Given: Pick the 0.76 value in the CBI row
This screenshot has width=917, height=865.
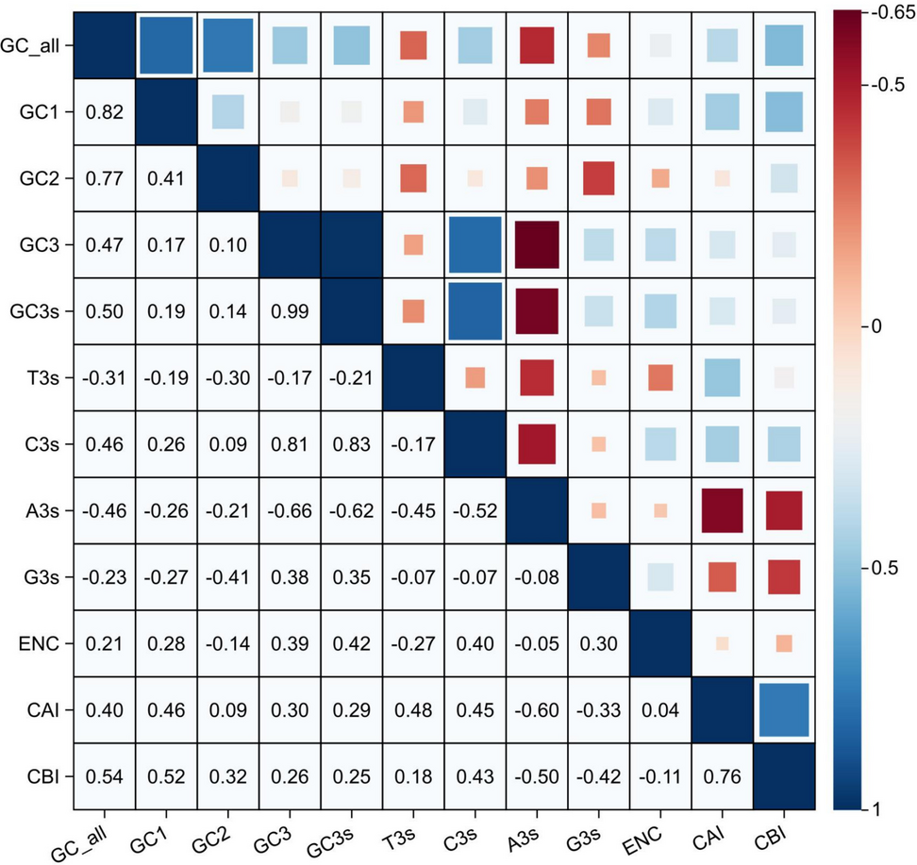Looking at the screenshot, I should tap(720, 778).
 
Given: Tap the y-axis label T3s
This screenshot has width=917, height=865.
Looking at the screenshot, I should tap(42, 378).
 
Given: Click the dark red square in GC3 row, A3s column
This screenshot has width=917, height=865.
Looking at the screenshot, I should tap(535, 245).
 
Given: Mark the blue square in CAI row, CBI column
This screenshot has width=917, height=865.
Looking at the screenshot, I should tap(782, 710).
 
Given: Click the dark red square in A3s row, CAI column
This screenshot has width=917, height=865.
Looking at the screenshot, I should tap(720, 511).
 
